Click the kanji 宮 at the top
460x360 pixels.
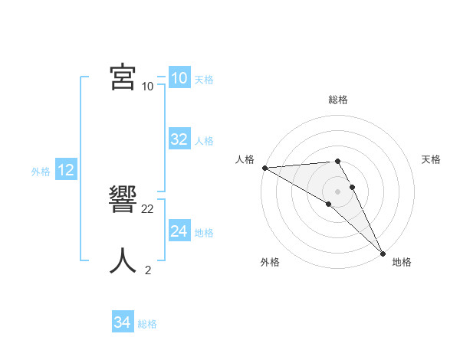pos(123,77)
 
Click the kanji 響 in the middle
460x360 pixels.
pos(123,200)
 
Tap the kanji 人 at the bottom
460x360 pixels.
pos(123,261)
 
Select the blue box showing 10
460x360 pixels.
pos(179,78)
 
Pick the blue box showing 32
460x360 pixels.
pos(179,139)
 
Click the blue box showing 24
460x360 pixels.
pos(179,231)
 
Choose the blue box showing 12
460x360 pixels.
pos(66,170)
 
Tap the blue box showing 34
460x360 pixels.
pos(122,322)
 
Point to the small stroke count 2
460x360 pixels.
pos(148,270)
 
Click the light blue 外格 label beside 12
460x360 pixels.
pos(41,172)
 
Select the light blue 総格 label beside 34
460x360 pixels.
pos(147,324)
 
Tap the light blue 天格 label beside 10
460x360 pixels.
pos(204,80)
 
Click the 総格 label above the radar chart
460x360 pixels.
pos(338,100)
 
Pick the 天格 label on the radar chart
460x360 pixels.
pos(431,159)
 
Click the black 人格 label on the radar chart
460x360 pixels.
pos(245,159)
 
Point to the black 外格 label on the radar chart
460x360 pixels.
pos(269,262)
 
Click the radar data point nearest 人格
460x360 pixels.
pos(264,168)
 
